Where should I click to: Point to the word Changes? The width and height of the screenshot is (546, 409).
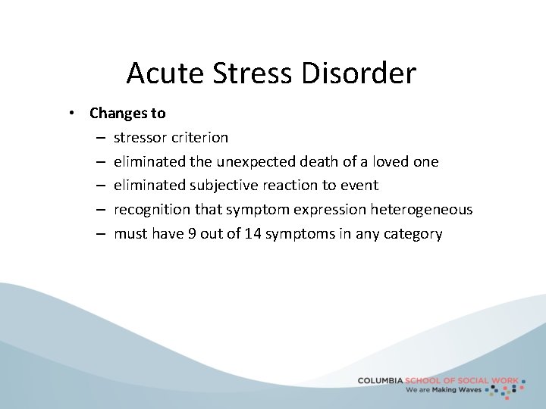coord(118,114)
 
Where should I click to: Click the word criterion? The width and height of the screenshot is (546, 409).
coord(199,137)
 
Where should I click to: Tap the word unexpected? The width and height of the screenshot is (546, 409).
coord(253,161)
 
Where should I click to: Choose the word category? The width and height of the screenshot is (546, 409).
coord(413,233)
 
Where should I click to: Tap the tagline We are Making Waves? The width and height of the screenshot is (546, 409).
coord(444,390)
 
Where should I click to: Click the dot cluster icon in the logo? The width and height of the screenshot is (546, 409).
coord(506,388)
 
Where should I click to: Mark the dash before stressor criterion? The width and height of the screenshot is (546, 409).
coord(101,137)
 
